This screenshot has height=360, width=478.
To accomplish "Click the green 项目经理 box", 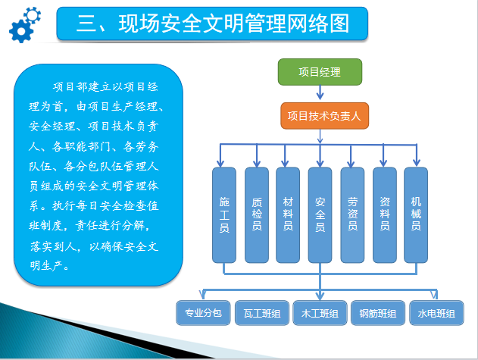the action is click(320, 72).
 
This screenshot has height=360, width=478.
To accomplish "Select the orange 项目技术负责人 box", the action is click(324, 116).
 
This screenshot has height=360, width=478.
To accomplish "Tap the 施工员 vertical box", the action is click(224, 214).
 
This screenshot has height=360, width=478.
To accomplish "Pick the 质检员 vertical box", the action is click(257, 214).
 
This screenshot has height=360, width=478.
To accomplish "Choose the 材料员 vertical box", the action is click(288, 214).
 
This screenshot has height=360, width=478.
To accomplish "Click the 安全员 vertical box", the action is click(320, 214).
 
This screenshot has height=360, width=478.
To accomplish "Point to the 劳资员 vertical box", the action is click(352, 214).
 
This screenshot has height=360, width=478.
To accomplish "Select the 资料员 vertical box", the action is click(384, 214).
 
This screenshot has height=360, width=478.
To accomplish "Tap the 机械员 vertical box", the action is click(416, 214).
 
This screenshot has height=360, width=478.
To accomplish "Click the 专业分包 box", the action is click(203, 313).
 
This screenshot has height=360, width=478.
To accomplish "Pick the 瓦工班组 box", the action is click(262, 313).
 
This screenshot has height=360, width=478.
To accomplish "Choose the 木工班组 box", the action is click(320, 313).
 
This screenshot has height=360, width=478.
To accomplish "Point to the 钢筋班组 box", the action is click(378, 313).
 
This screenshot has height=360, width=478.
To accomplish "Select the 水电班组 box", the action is click(436, 313).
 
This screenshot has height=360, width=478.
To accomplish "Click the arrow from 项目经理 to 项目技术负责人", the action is click(320, 92).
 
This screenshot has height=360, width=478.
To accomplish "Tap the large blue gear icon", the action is click(21, 31).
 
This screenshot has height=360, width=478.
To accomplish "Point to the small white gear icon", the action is click(33, 15).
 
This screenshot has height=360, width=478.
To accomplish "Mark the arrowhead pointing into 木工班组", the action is click(320, 296).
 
